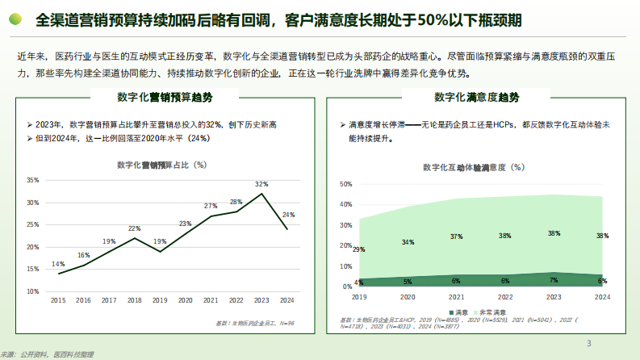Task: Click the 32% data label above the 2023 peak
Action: click(261, 184)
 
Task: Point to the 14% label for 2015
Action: click(58, 264)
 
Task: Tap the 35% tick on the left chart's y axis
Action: click(32, 180)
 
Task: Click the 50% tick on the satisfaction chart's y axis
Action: click(345, 184)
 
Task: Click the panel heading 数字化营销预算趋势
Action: click(165, 98)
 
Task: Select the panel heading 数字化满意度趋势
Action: click(476, 98)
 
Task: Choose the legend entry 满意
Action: click(462, 312)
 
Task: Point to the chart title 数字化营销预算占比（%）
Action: click(161, 165)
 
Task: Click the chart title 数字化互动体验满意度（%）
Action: click(473, 167)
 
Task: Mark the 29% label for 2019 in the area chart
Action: click(358, 249)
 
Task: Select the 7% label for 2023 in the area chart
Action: click(553, 279)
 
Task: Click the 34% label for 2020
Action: click(408, 242)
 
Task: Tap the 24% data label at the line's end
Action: click(288, 215)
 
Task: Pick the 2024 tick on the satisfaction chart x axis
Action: click(601, 297)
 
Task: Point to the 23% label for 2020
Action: click(185, 224)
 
